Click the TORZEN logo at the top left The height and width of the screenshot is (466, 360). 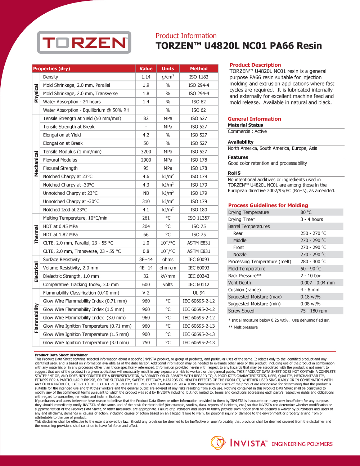click(84, 42)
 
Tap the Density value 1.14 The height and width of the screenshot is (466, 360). click(146, 77)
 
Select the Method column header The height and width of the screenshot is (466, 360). click(199, 68)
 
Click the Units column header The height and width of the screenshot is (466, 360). click(168, 68)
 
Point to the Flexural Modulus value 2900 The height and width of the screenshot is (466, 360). click(146, 160)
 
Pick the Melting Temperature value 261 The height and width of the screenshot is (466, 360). click(146, 218)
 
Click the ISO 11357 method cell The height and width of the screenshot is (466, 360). click(199, 218)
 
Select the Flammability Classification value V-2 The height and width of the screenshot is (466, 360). click(146, 293)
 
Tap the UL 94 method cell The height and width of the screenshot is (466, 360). click(199, 293)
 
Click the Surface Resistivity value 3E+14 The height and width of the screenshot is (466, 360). click(146, 259)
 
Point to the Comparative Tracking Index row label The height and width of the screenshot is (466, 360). click(81, 284)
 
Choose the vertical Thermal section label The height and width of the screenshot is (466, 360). click(36, 234)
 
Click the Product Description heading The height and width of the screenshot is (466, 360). click(255, 65)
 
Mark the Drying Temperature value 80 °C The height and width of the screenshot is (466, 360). click(306, 212)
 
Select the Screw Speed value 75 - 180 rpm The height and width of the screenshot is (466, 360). click(314, 311)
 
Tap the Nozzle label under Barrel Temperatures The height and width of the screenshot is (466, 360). click(240, 254)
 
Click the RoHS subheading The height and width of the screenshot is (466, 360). click(234, 173)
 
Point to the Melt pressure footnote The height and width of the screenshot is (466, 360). click(243, 327)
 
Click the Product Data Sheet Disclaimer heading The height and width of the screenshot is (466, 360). click(61, 355)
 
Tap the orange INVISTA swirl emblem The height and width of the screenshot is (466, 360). click(218, 443)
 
